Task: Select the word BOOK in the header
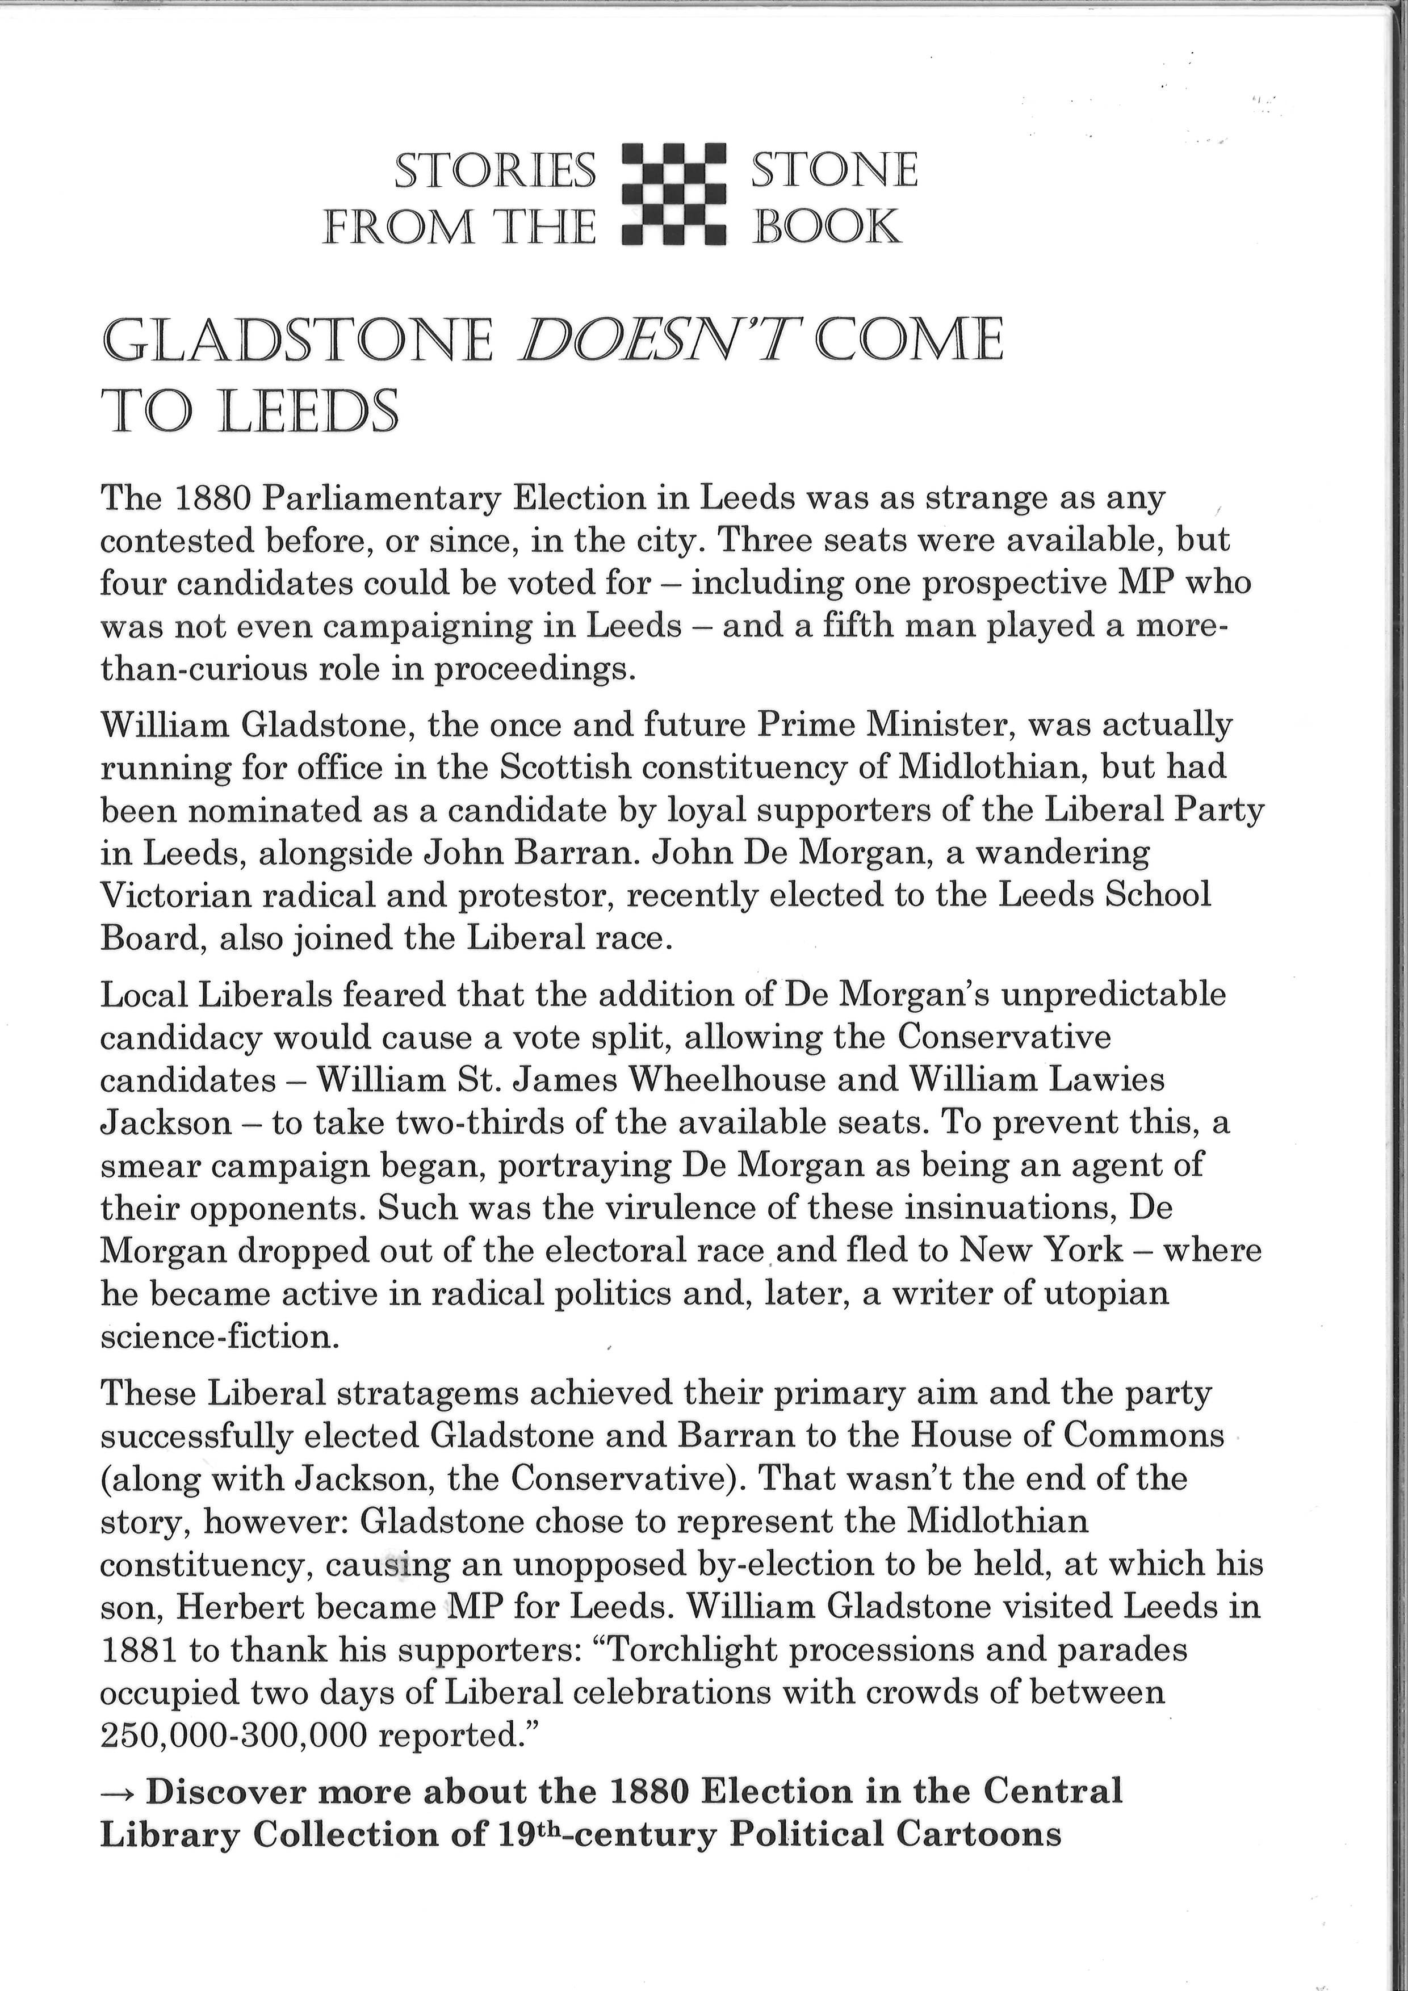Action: click(x=825, y=227)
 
